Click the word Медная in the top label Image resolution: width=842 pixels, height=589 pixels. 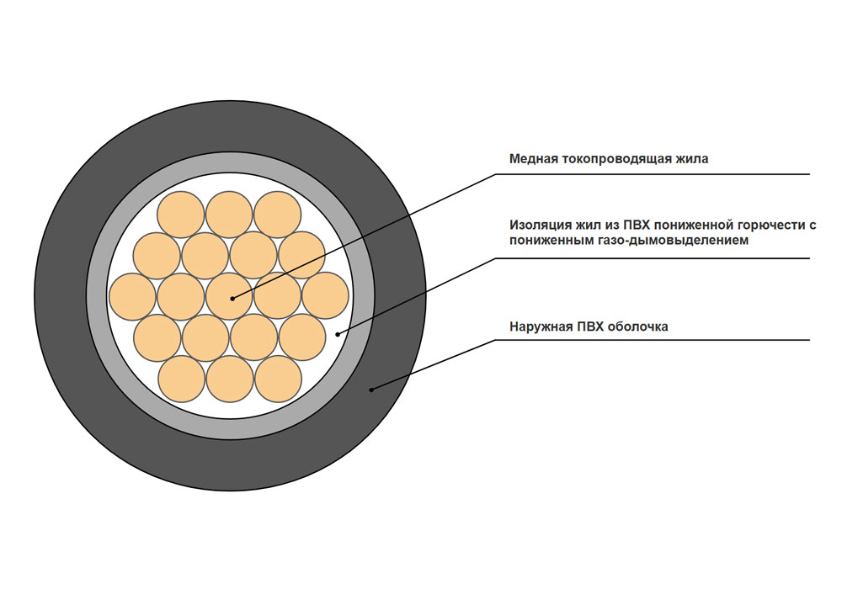coord(532,158)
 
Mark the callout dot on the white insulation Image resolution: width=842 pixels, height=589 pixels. coord(338,334)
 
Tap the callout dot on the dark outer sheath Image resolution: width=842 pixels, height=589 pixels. coord(371,389)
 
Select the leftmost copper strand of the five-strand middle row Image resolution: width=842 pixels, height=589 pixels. coord(132,297)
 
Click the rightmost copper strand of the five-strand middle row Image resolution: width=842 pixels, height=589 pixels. coord(326,297)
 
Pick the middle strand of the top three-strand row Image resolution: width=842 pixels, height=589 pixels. coord(229,214)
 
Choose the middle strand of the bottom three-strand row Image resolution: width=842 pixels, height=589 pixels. coord(229,379)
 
